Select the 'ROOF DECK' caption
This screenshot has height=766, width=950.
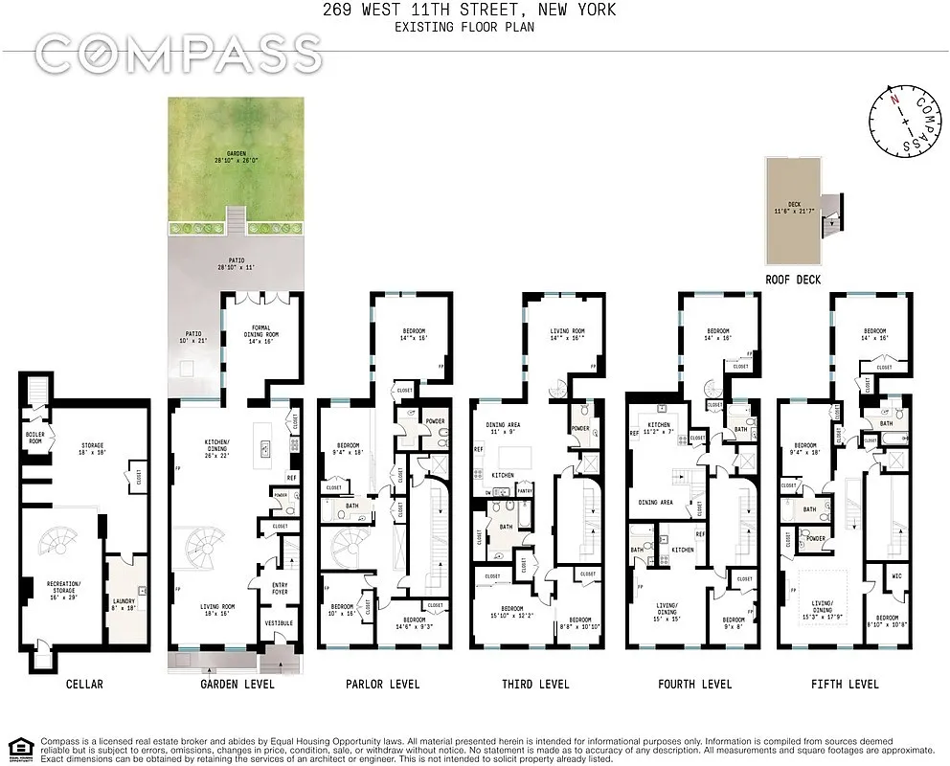[x=792, y=280]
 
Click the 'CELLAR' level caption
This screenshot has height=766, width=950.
[x=84, y=684]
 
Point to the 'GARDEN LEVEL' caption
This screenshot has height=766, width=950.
[x=237, y=684]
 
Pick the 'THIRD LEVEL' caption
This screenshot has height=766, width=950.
[x=535, y=684]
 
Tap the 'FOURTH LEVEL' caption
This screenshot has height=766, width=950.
[x=694, y=684]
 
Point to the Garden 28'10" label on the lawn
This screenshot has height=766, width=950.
[x=236, y=156]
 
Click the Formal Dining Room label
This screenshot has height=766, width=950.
[x=261, y=334]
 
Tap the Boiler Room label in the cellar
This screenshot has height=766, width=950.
[x=34, y=437]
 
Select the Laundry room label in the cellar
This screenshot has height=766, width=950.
[x=125, y=603]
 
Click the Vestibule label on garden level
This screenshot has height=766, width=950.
[x=279, y=623]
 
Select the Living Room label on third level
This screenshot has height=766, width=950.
[x=567, y=334]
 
